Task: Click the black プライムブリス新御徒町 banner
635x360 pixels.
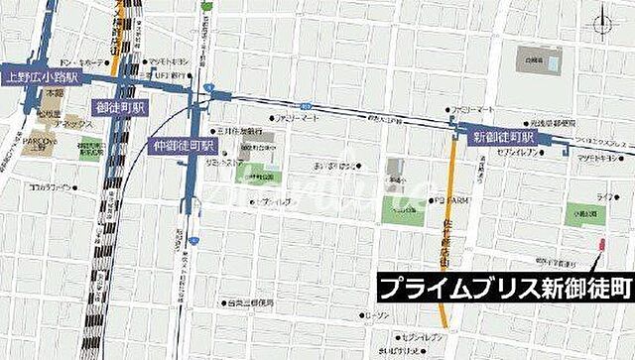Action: coord(503,289)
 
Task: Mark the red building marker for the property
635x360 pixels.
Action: coord(598,244)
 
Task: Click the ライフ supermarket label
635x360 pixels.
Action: coord(602,198)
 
